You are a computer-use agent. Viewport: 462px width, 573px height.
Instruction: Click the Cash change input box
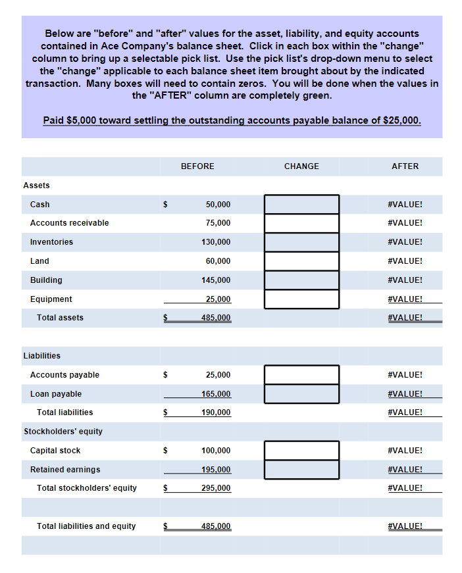click(x=301, y=204)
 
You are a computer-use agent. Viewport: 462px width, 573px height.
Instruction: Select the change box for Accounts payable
click(x=301, y=375)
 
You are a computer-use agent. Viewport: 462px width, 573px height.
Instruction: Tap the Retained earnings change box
click(x=301, y=470)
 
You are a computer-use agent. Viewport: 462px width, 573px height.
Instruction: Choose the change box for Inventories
click(x=301, y=242)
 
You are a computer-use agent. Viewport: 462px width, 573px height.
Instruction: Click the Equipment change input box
click(x=301, y=299)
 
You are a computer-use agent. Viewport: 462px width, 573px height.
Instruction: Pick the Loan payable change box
click(x=301, y=394)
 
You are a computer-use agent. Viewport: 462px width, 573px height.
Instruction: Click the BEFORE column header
click(x=197, y=166)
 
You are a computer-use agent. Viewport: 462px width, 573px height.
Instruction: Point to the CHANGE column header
click(x=301, y=166)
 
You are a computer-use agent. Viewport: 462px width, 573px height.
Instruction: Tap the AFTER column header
click(x=405, y=166)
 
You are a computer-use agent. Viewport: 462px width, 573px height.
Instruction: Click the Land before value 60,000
click(x=218, y=261)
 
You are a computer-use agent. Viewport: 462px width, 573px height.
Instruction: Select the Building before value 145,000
click(x=216, y=280)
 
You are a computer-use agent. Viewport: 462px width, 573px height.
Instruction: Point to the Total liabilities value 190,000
click(x=216, y=412)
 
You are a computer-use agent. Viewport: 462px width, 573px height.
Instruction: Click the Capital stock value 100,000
click(x=216, y=451)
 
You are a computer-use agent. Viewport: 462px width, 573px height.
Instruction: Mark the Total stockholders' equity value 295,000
click(x=216, y=488)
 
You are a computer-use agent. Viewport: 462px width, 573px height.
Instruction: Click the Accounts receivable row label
click(x=69, y=223)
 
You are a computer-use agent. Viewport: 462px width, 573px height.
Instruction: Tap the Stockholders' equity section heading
click(x=63, y=432)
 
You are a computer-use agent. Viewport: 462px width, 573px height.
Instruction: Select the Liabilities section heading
click(x=42, y=356)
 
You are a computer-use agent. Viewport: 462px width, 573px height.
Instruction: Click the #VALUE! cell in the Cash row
click(x=405, y=204)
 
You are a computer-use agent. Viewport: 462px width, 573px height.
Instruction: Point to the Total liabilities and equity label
click(x=86, y=526)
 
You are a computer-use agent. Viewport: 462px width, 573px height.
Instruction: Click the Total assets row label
click(x=60, y=318)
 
